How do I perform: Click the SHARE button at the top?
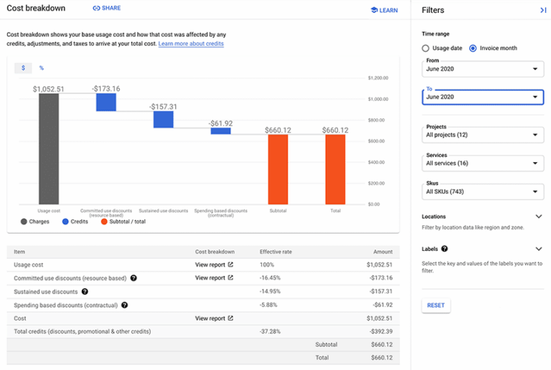106,9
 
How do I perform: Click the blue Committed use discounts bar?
106,102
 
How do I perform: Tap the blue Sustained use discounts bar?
164,119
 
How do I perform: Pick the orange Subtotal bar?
278,169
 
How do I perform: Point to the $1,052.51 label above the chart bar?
49,89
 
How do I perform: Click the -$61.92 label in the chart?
220,123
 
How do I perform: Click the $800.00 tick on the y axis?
377,120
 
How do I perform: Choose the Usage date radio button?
425,48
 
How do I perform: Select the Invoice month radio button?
473,48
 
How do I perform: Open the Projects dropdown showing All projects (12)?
482,135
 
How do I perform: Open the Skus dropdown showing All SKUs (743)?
482,192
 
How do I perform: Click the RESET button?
435,305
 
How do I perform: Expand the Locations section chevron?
539,217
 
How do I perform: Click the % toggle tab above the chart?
42,68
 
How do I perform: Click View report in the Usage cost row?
214,265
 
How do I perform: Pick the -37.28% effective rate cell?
270,331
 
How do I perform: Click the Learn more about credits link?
191,44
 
